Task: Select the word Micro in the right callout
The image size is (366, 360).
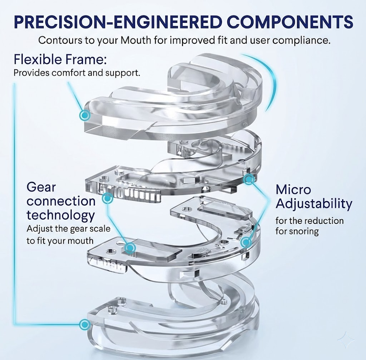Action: pyautogui.click(x=293, y=190)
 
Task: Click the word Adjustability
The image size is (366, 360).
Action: pyautogui.click(x=314, y=204)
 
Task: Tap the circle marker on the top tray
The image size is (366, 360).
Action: pyautogui.click(x=85, y=115)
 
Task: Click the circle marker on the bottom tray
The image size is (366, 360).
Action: pyautogui.click(x=84, y=325)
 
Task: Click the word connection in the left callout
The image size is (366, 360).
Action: pyautogui.click(x=61, y=201)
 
